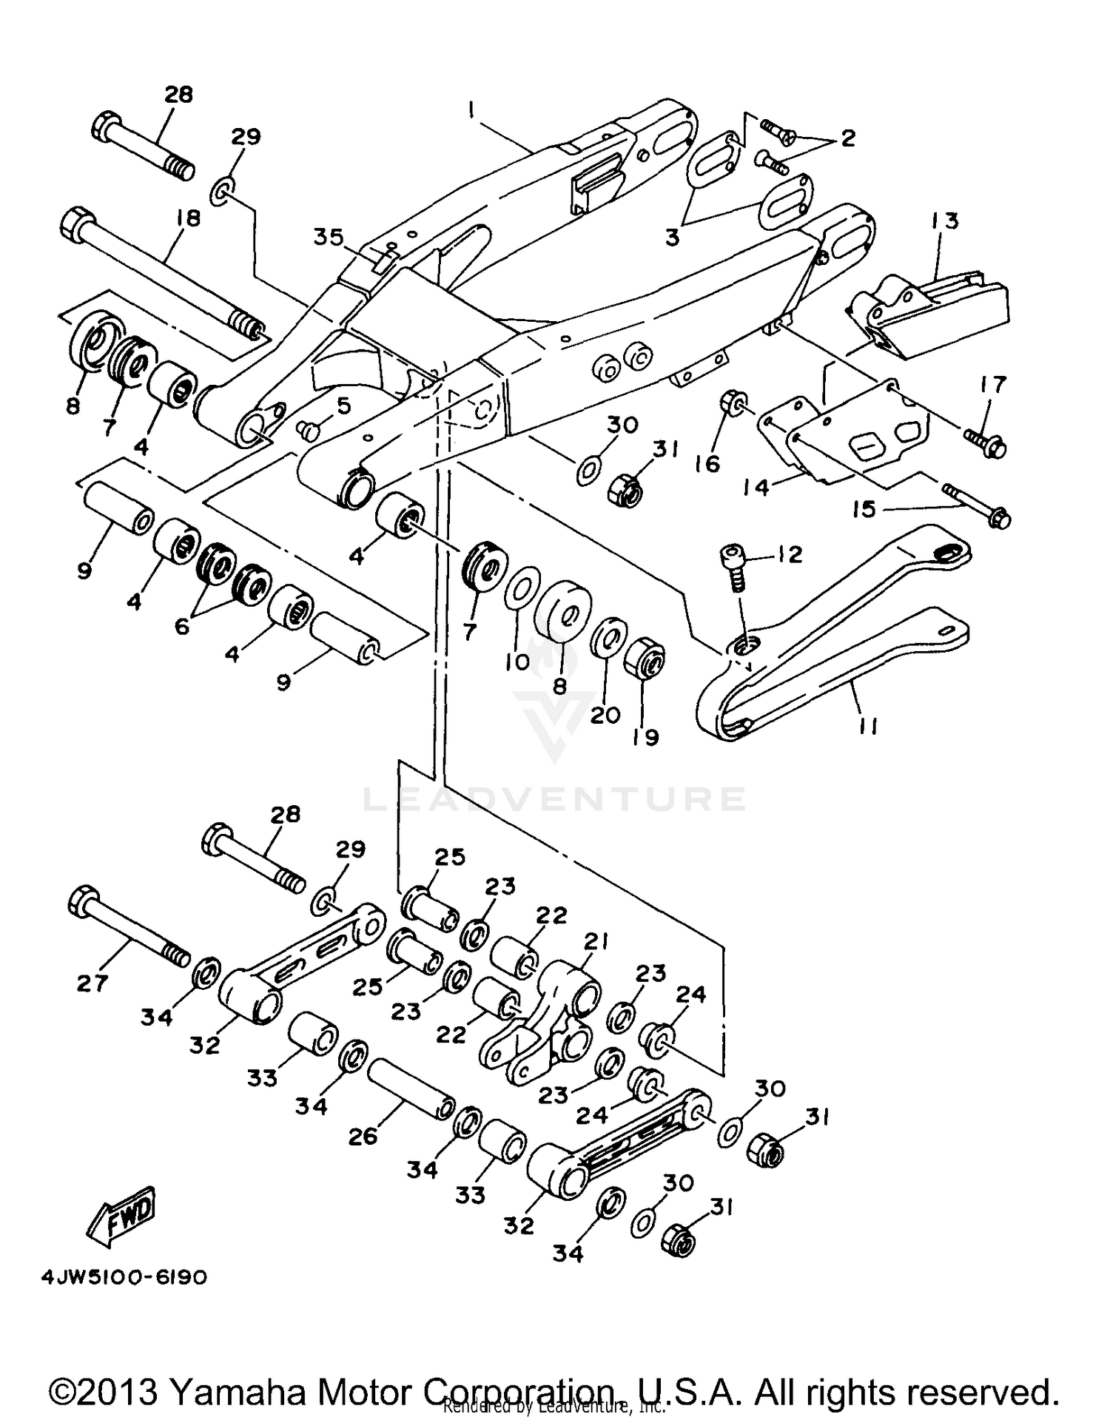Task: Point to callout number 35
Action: point(329,238)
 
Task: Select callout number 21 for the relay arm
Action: point(596,942)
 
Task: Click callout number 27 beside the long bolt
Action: point(92,983)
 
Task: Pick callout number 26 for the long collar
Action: point(363,1136)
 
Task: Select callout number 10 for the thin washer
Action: point(518,661)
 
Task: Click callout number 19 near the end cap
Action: point(646,736)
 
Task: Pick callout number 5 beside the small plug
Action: point(342,406)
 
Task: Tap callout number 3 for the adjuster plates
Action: point(672,239)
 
